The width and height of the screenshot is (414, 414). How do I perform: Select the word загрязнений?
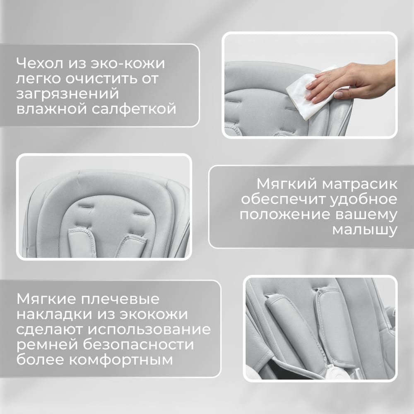pyautogui.click(x=67, y=94)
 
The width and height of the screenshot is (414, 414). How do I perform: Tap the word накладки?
pyautogui.click(x=52, y=315)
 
